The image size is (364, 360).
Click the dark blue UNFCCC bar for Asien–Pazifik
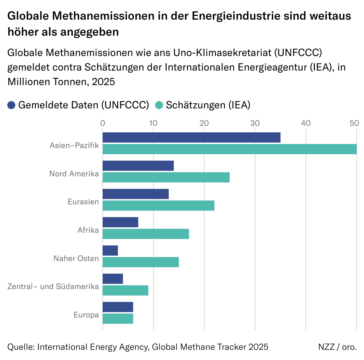(191, 137)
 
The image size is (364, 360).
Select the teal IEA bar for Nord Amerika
(166, 177)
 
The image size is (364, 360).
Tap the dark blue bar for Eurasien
(135, 194)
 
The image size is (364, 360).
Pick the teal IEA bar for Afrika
(146, 234)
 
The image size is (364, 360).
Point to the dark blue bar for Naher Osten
(110, 251)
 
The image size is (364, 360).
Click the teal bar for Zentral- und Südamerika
(125, 290)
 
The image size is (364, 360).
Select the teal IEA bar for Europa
(118, 319)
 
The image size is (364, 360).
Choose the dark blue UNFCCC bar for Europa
(118, 307)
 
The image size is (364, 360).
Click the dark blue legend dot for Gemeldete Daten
(11, 105)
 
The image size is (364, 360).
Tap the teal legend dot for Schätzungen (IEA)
(159, 105)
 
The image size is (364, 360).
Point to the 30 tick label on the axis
(255, 123)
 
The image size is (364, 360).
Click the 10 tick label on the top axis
(153, 123)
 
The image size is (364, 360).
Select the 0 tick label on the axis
(103, 123)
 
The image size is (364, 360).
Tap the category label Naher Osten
(76, 259)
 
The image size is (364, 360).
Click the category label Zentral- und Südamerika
(53, 287)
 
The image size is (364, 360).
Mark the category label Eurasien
(83, 201)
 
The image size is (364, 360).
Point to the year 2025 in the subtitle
(103, 82)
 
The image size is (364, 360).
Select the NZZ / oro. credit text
(337, 347)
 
